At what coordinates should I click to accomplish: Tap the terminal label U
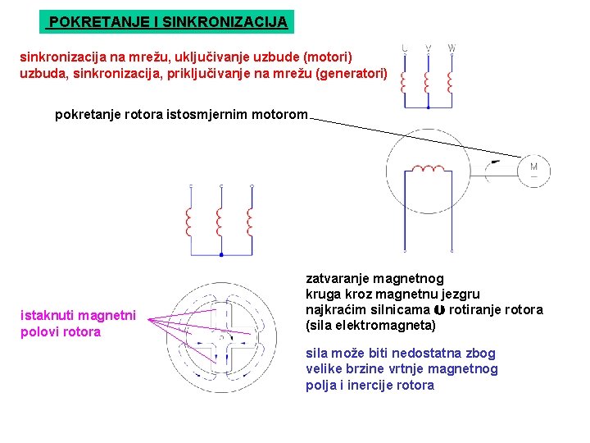405,48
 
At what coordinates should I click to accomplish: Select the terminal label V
428,48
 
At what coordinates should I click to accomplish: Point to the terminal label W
452,48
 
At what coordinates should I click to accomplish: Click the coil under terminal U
405,80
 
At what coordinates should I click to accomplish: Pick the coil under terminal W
451,80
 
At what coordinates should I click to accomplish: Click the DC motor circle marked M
533,170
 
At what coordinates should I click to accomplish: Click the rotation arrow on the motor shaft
491,171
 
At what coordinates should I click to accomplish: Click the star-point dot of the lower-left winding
220,256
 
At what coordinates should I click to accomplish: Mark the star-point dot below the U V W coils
428,107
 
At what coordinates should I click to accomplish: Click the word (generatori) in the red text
353,74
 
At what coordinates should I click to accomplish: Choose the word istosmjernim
202,115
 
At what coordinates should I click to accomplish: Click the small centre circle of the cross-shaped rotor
222,337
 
